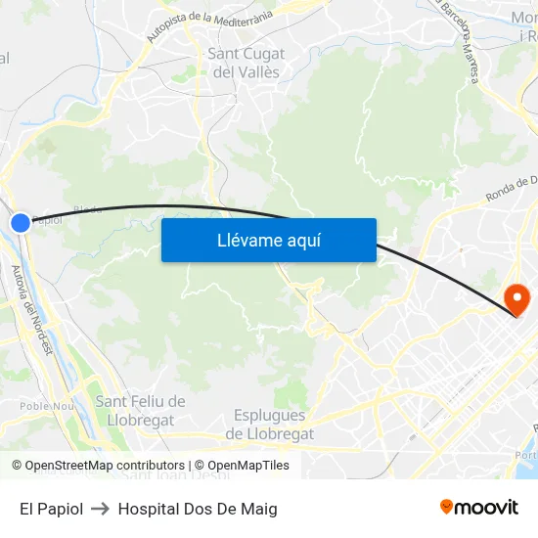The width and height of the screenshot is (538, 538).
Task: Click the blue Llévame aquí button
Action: pyautogui.click(x=268, y=240)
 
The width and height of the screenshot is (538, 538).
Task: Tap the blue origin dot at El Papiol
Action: pyautogui.click(x=21, y=223)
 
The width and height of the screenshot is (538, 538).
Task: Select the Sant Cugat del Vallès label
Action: pyautogui.click(x=247, y=63)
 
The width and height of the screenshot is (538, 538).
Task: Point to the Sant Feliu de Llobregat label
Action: pyautogui.click(x=140, y=411)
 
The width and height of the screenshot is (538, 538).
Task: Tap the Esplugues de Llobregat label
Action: pyautogui.click(x=270, y=425)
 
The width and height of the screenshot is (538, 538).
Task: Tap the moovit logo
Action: pyautogui.click(x=478, y=507)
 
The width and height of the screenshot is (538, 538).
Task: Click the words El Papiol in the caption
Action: pyautogui.click(x=51, y=509)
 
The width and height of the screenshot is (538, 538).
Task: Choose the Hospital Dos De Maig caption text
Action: pyautogui.click(x=198, y=509)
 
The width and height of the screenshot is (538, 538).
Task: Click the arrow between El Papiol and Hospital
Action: pyautogui.click(x=100, y=509)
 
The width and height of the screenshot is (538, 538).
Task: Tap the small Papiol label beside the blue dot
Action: pyautogui.click(x=46, y=220)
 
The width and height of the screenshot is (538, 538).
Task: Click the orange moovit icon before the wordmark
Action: pyautogui.click(x=447, y=507)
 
